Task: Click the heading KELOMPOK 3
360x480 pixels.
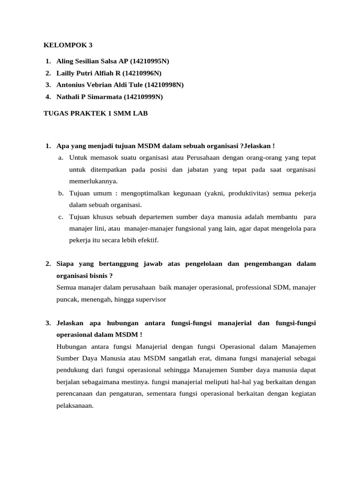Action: (68, 45)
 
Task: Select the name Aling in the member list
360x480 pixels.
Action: (65, 61)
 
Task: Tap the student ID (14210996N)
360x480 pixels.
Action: (143, 73)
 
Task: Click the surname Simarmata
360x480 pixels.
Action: (105, 97)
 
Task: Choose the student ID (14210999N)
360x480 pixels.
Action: (143, 97)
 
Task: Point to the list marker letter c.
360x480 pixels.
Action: (61, 217)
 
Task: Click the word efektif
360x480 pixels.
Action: (147, 240)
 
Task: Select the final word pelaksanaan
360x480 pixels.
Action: (75, 405)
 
